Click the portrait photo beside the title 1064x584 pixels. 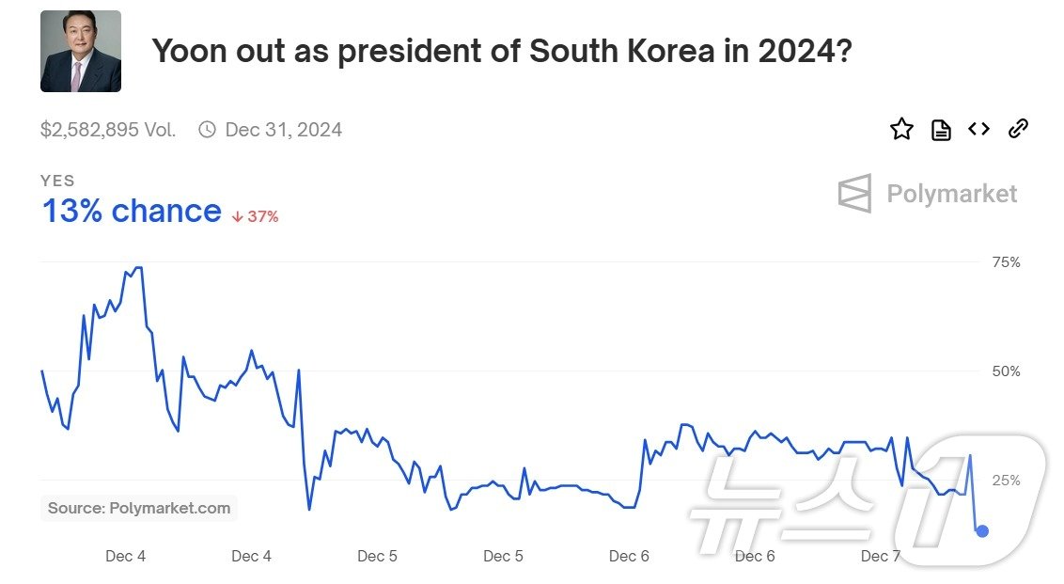point(81,51)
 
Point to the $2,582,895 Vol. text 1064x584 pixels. point(108,130)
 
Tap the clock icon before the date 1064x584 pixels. point(207,130)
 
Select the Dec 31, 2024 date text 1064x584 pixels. point(283,130)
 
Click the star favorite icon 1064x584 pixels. point(901,130)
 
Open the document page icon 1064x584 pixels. point(941,130)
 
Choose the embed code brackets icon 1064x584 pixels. point(979,129)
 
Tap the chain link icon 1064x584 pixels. point(1018,129)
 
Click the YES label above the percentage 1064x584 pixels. point(57,181)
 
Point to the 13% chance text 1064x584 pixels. point(132,212)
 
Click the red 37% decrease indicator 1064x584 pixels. point(256,216)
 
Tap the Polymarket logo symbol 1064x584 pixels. point(855,194)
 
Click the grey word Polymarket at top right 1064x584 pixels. point(951,194)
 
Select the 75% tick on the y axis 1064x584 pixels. point(1006,262)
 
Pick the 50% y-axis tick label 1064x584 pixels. point(1006,371)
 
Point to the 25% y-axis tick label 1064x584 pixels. point(1006,481)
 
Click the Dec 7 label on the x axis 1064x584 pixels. point(881,556)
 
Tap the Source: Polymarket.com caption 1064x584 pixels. point(139,508)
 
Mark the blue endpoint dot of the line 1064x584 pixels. point(982,531)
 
